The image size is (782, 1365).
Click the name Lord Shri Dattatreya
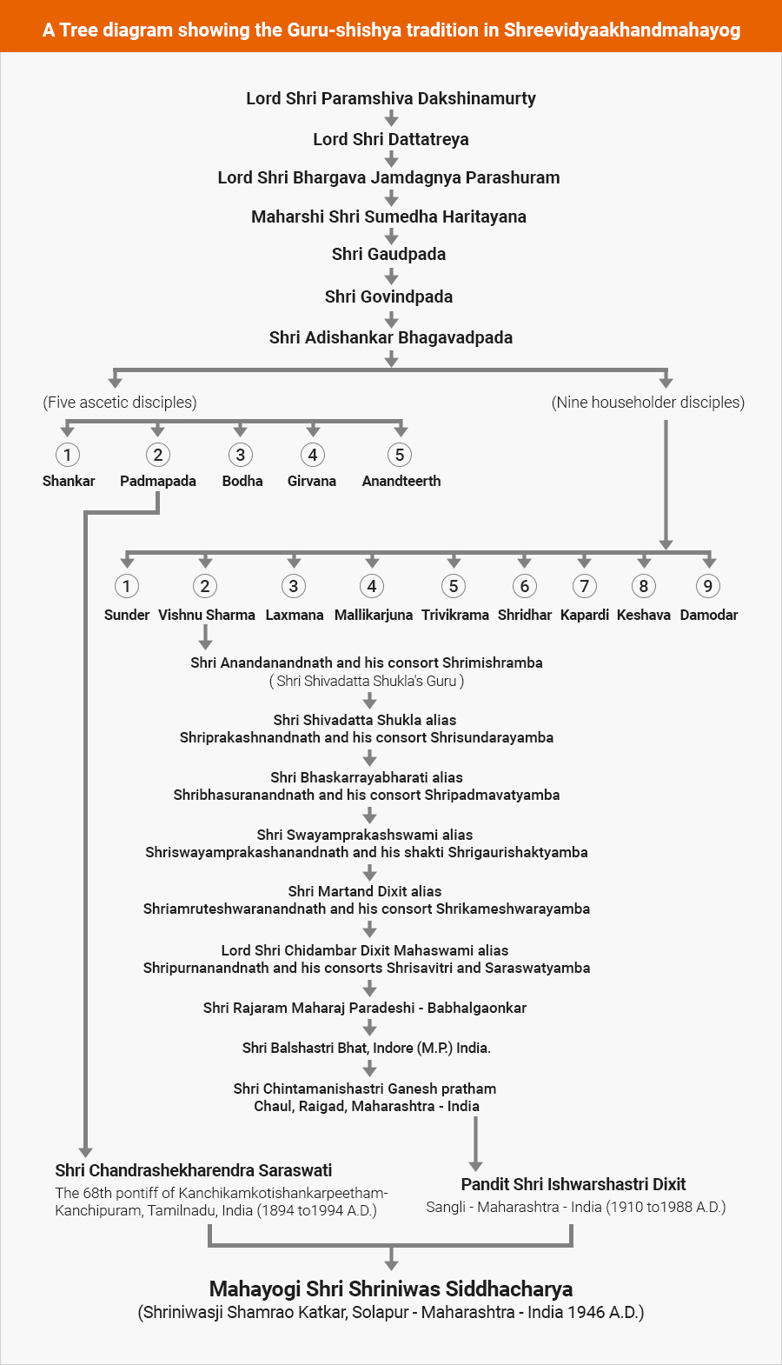pyautogui.click(x=391, y=139)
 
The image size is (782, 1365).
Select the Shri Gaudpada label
pyautogui.click(x=388, y=254)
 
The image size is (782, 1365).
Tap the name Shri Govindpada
pyautogui.click(x=388, y=296)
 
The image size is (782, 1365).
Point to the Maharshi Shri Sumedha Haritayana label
pyautogui.click(x=388, y=216)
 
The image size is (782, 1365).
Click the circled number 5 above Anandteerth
pyautogui.click(x=400, y=455)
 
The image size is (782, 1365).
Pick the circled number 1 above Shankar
pyautogui.click(x=68, y=455)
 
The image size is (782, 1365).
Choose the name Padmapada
pyautogui.click(x=158, y=481)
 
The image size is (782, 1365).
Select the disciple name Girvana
pyautogui.click(x=312, y=481)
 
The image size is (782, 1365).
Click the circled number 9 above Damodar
pyautogui.click(x=708, y=586)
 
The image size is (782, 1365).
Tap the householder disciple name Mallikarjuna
pyautogui.click(x=374, y=615)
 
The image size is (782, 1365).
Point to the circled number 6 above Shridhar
pyautogui.click(x=524, y=586)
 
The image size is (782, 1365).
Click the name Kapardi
pyautogui.click(x=585, y=615)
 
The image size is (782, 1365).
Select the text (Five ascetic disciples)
pyautogui.click(x=120, y=403)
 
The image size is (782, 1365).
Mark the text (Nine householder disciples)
pyautogui.click(x=648, y=403)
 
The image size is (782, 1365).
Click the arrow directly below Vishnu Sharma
pyautogui.click(x=205, y=639)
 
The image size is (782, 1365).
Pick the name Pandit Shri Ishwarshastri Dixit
pyautogui.click(x=573, y=1184)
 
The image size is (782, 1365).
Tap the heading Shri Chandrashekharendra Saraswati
pyautogui.click(x=194, y=1170)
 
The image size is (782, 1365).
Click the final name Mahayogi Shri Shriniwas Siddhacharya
pyautogui.click(x=391, y=1288)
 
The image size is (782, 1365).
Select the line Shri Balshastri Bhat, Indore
pyautogui.click(x=367, y=1048)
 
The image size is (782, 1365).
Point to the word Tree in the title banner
pyautogui.click(x=80, y=30)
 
